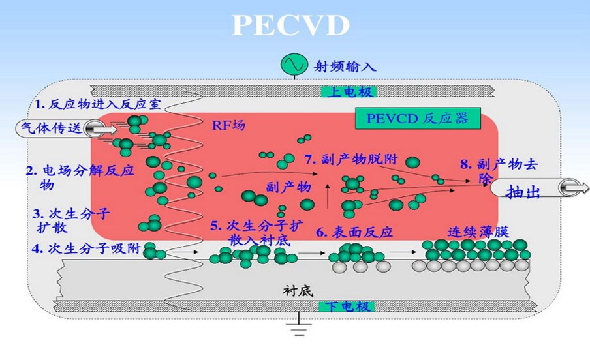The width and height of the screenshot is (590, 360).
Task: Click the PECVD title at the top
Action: pyautogui.click(x=290, y=25)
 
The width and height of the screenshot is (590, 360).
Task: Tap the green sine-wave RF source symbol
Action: pyautogui.click(x=294, y=65)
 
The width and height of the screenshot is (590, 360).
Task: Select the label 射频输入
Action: pyautogui.click(x=345, y=67)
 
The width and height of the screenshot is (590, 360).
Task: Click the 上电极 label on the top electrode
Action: pyautogui.click(x=349, y=91)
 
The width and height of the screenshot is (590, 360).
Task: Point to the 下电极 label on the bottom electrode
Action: pyautogui.click(x=347, y=307)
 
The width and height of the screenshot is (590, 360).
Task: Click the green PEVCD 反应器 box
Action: pyautogui.click(x=418, y=119)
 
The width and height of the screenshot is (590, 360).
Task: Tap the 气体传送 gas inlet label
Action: pyautogui.click(x=52, y=128)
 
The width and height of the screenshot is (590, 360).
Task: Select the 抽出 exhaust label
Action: pyautogui.click(x=523, y=192)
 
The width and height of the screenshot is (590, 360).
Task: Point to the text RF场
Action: pyautogui.click(x=228, y=125)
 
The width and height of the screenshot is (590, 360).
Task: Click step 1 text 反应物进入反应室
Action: pyautogui.click(x=105, y=104)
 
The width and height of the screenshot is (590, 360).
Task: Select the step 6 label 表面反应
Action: pyautogui.click(x=362, y=232)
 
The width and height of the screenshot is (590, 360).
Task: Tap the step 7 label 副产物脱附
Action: pyautogui.click(x=360, y=159)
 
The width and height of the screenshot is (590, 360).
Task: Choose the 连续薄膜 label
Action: pyautogui.click(x=478, y=232)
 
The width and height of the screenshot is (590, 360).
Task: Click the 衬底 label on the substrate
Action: pyautogui.click(x=298, y=290)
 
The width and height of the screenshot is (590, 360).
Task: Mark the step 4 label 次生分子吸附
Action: pyautogui.click(x=95, y=248)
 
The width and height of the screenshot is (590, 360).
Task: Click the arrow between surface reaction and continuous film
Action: pyautogui.click(x=403, y=252)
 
